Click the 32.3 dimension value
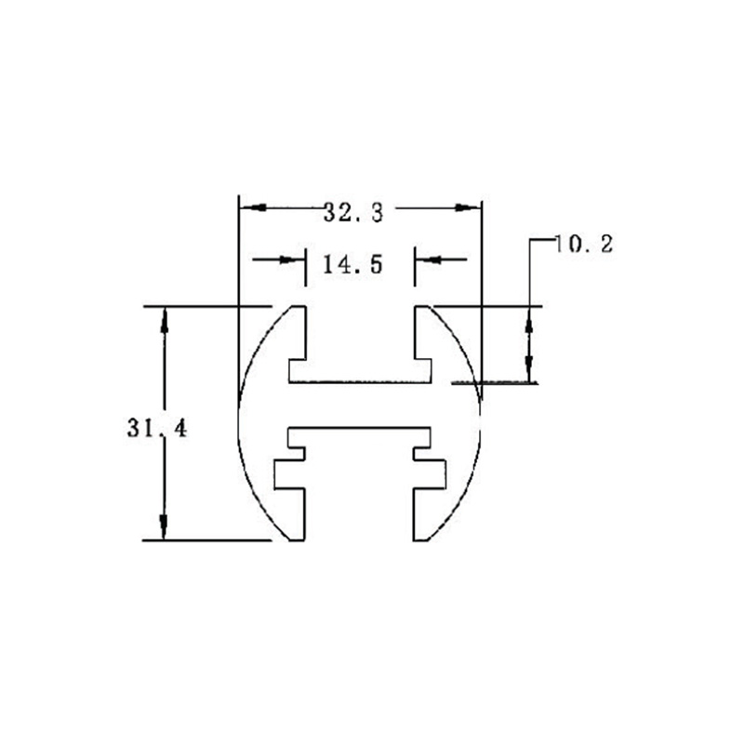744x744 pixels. [x=353, y=212]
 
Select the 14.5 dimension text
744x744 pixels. [x=352, y=264]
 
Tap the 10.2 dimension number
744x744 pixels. [x=583, y=245]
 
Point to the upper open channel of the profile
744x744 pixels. [x=360, y=335]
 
